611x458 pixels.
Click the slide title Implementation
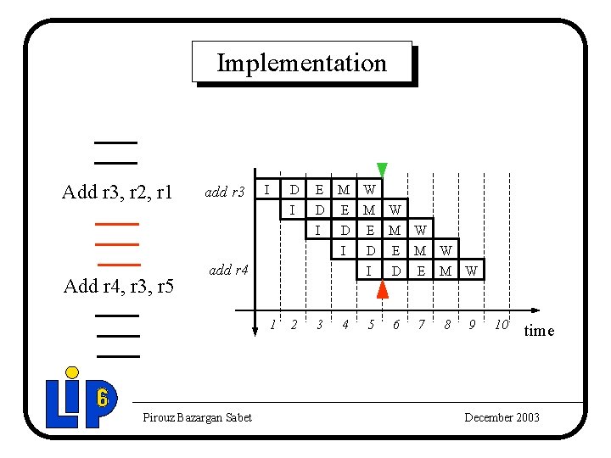pyautogui.click(x=301, y=63)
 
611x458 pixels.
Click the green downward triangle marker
pyautogui.click(x=382, y=169)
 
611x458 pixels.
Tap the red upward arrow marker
pyautogui.click(x=383, y=288)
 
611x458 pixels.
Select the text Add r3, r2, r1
pyautogui.click(x=117, y=193)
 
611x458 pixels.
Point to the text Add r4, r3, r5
pyautogui.click(x=119, y=286)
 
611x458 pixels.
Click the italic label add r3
pyautogui.click(x=224, y=193)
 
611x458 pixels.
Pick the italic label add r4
pyautogui.click(x=228, y=271)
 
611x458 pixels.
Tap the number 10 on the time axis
pyautogui.click(x=501, y=325)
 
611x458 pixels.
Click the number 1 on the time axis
pyautogui.click(x=272, y=325)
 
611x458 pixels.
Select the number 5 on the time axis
pyautogui.click(x=370, y=325)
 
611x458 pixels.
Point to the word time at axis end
pyautogui.click(x=539, y=331)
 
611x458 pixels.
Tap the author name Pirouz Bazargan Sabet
pyautogui.click(x=197, y=417)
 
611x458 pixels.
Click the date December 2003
pyautogui.click(x=502, y=417)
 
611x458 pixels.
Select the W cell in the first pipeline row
pyautogui.click(x=370, y=188)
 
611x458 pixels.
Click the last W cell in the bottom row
pyautogui.click(x=471, y=271)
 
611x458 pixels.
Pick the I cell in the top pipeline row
pyautogui.click(x=267, y=188)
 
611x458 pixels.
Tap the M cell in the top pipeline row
pyautogui.click(x=344, y=188)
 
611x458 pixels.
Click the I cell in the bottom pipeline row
pyautogui.click(x=369, y=271)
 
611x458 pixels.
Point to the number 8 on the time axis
pyautogui.click(x=447, y=325)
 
